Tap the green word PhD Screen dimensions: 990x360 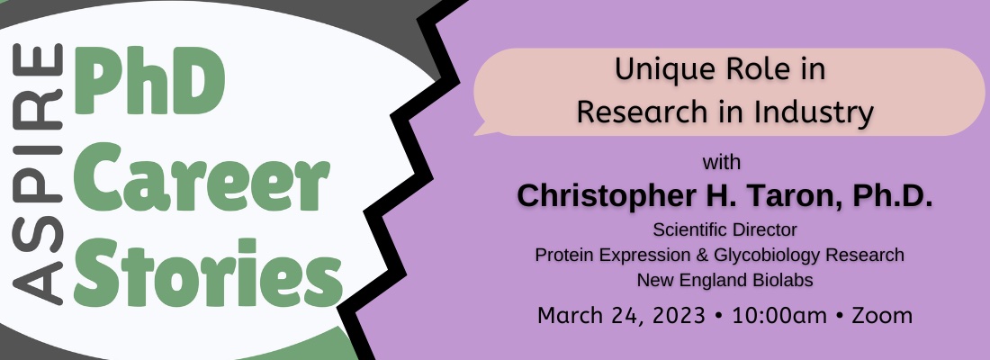(149, 81)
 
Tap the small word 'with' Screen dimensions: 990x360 (722, 163)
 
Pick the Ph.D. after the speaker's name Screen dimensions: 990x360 (893, 195)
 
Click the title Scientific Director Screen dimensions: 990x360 (724, 229)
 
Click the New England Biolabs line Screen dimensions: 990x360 (724, 280)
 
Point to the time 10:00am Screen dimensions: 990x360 (779, 315)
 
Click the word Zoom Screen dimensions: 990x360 (882, 315)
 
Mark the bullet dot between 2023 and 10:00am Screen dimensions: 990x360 (718, 316)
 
